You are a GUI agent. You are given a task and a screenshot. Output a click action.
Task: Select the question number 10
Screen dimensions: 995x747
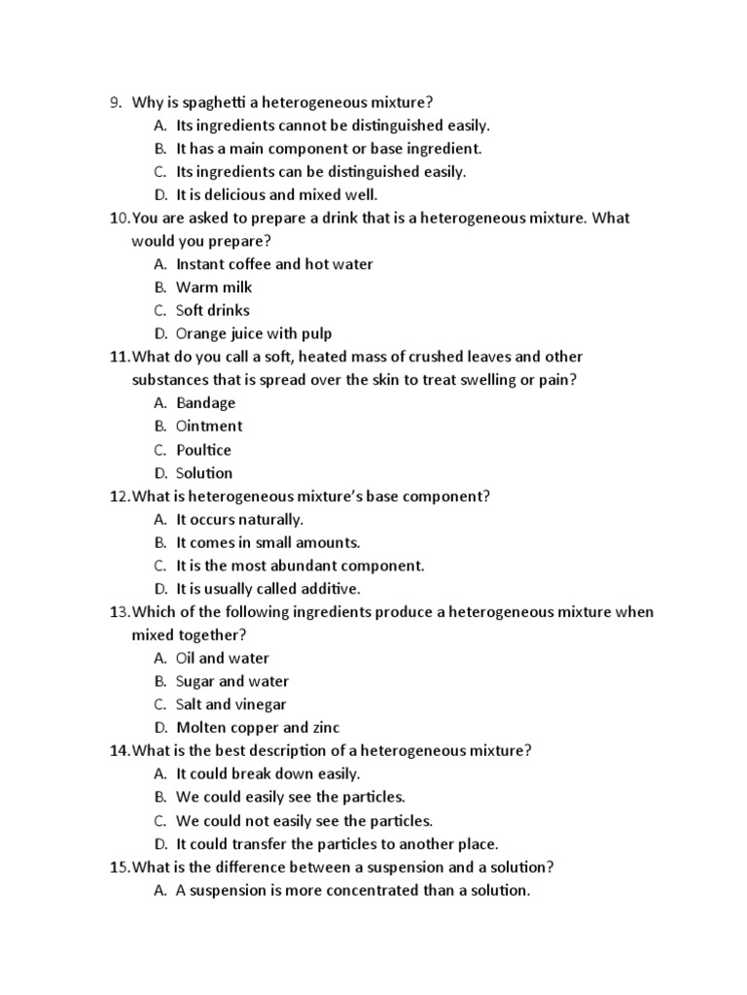(x=119, y=218)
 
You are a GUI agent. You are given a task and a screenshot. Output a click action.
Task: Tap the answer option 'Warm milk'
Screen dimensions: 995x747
(x=214, y=287)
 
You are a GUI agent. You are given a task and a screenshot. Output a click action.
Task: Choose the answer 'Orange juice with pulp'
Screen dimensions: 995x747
(x=254, y=333)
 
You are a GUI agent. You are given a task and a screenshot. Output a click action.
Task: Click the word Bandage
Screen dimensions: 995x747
(x=206, y=402)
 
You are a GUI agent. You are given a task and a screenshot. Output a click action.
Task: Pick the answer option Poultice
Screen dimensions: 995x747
(x=204, y=450)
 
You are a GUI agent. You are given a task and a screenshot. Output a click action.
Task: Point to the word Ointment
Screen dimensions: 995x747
(x=209, y=426)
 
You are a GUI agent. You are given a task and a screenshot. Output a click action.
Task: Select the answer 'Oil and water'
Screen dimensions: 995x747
(x=223, y=658)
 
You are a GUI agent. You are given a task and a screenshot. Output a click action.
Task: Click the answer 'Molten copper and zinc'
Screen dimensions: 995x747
(x=258, y=728)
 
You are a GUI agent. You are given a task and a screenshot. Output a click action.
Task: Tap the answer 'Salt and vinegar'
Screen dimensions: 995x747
(x=231, y=704)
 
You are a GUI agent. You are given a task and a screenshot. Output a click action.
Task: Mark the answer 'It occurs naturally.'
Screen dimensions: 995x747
(x=240, y=519)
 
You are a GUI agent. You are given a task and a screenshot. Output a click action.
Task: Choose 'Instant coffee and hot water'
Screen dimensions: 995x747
(x=274, y=263)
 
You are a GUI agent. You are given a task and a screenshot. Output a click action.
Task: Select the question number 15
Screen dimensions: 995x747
(x=119, y=867)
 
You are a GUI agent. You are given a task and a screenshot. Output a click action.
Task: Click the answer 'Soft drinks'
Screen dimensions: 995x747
(x=213, y=310)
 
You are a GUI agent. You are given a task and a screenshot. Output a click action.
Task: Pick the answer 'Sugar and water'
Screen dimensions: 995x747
(x=232, y=681)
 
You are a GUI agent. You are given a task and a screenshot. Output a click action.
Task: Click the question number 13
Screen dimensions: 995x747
(x=119, y=612)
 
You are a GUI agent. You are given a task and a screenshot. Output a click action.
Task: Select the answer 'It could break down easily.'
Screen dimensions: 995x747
(x=268, y=773)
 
